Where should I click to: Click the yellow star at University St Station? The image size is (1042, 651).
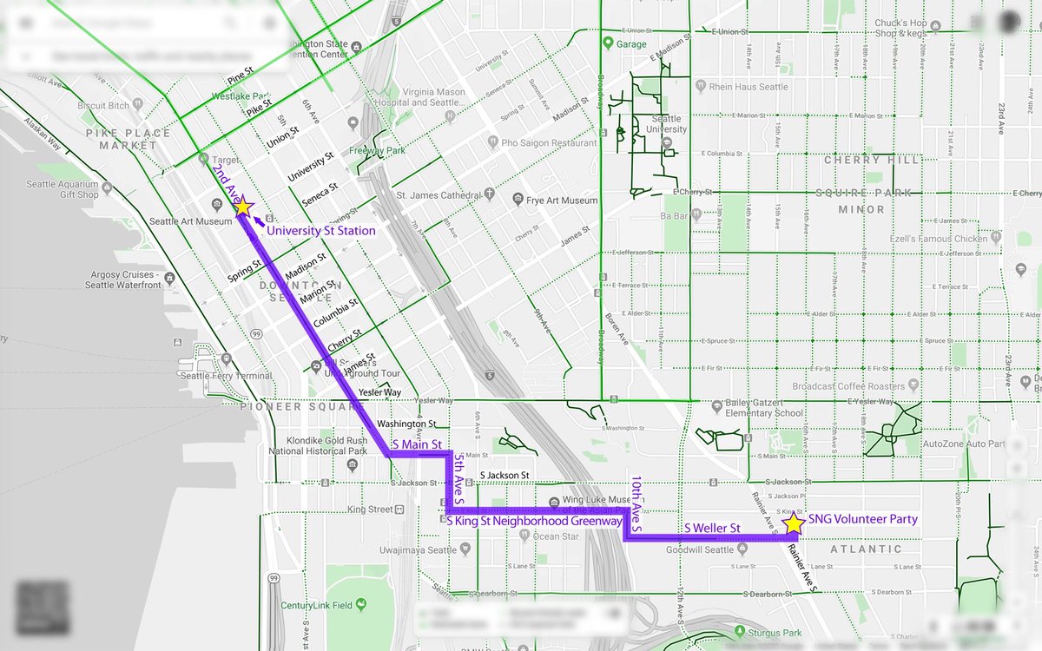(242, 207)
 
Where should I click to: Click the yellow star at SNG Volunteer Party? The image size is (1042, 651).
(793, 523)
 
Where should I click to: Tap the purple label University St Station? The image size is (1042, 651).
(320, 231)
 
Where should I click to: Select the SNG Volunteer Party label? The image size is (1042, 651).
(862, 519)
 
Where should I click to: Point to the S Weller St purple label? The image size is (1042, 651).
(712, 528)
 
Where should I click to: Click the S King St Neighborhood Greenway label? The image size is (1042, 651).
(534, 521)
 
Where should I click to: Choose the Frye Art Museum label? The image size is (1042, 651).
(562, 201)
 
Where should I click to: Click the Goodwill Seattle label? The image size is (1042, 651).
(700, 549)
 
